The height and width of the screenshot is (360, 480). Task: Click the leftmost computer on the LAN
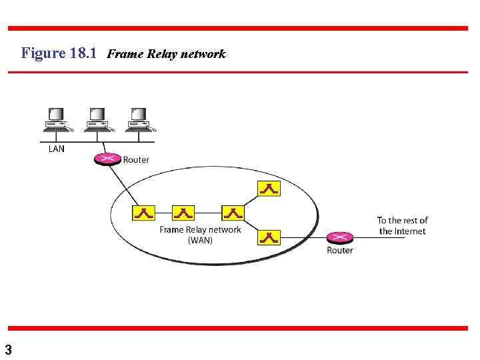(56, 119)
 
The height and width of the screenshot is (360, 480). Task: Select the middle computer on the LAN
(97, 119)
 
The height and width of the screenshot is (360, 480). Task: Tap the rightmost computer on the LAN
(138, 119)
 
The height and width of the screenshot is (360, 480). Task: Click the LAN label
(57, 149)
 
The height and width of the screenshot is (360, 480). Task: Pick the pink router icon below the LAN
(107, 159)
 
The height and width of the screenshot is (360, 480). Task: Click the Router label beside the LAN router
(136, 160)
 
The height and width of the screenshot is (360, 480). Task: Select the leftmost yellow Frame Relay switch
(143, 213)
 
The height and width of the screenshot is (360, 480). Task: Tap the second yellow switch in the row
(183, 213)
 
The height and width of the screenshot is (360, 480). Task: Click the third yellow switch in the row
(233, 213)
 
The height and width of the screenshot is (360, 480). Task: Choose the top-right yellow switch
(269, 188)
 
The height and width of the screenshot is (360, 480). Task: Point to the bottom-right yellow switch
(269, 237)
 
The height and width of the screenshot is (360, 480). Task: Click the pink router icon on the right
(339, 237)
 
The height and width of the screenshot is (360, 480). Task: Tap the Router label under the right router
(340, 251)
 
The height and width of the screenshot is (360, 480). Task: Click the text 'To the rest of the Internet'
(402, 225)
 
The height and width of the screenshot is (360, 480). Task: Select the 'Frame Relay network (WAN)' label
(200, 235)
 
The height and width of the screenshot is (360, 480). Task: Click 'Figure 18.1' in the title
(60, 53)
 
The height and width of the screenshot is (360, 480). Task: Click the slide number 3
(8, 349)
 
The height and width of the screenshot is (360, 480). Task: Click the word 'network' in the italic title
(203, 54)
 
